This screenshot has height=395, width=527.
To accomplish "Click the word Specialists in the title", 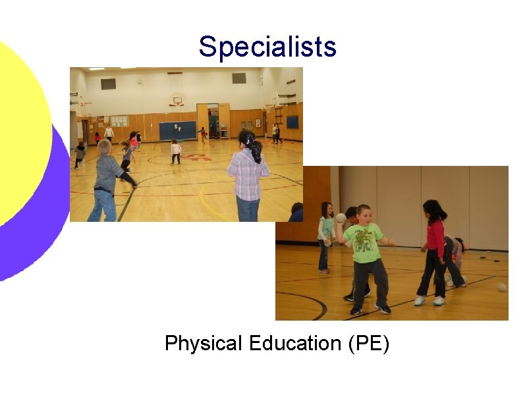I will [x=267, y=47].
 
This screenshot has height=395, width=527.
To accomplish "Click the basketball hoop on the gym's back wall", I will [x=176, y=102].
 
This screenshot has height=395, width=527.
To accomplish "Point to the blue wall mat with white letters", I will [x=178, y=130].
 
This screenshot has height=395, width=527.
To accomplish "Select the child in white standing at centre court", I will [x=176, y=151].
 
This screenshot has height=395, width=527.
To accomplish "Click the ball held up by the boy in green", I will [x=341, y=218].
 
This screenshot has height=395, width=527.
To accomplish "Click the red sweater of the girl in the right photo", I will [x=435, y=238].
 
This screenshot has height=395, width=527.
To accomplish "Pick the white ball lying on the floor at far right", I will [x=502, y=287].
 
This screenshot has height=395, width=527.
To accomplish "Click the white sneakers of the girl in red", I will [x=429, y=300].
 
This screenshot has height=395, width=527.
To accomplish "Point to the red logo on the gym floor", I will [x=198, y=157].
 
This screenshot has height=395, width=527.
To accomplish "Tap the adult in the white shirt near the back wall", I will [x=109, y=133].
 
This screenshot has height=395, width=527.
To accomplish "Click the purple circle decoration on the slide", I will [x=26, y=217].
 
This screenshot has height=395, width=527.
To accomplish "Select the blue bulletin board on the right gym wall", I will [x=292, y=122].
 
